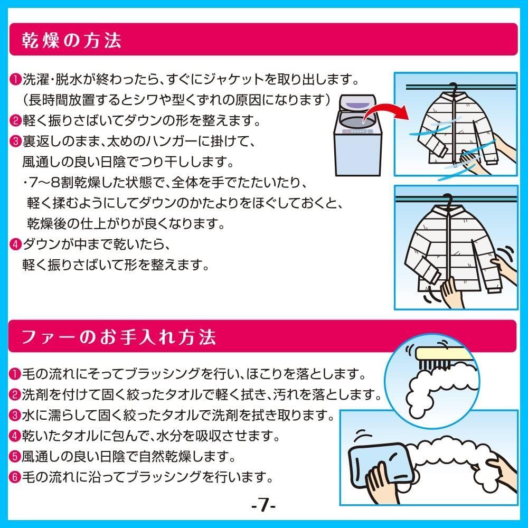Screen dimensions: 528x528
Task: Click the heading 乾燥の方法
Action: tap(72, 40)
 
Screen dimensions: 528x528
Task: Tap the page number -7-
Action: tap(263, 507)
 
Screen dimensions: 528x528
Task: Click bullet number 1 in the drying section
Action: tap(15, 81)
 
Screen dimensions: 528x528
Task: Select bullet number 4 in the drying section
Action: tap(15, 244)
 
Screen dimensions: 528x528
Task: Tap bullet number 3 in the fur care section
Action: tap(15, 416)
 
